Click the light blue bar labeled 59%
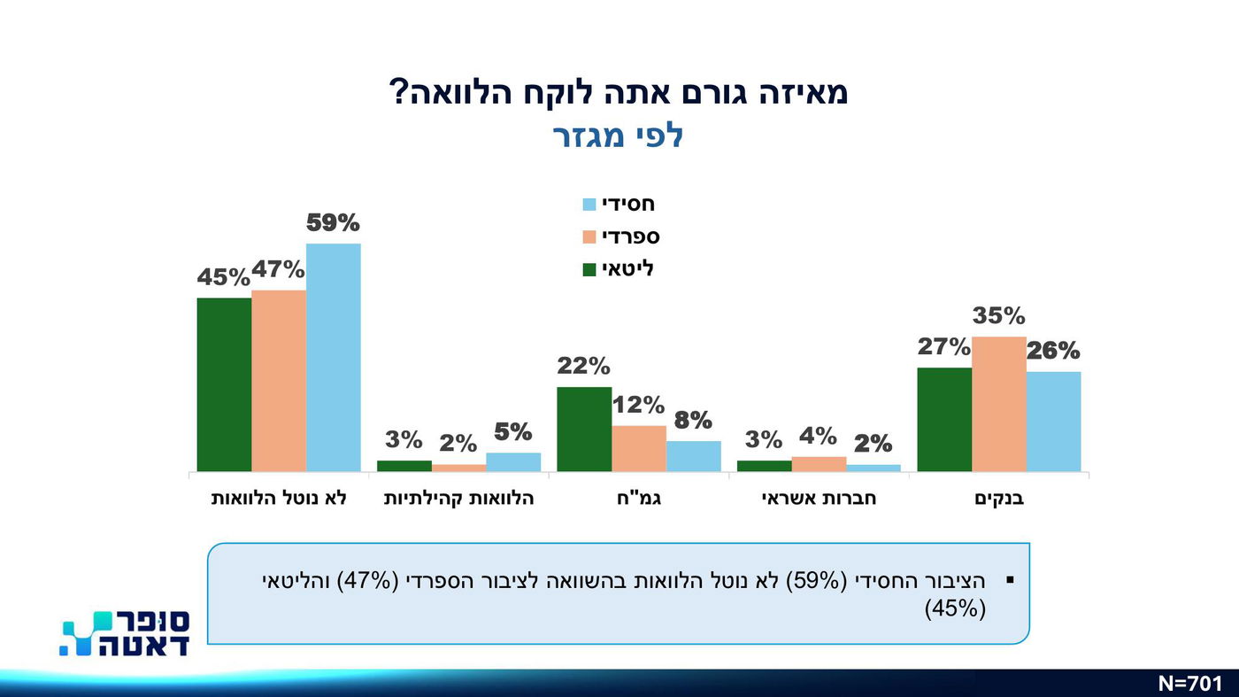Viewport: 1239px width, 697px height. [x=333, y=357]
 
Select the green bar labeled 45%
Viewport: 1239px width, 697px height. [x=224, y=384]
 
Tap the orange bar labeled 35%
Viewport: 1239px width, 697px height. [x=998, y=404]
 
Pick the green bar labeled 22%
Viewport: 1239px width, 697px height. [x=583, y=429]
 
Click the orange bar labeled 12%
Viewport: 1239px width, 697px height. [x=638, y=448]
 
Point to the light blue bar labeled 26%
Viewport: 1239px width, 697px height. [x=1053, y=422]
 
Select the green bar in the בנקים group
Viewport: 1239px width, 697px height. [x=943, y=419]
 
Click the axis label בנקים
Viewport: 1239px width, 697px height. [x=998, y=499]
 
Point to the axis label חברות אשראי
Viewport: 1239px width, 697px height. [x=818, y=499]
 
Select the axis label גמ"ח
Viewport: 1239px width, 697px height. [x=638, y=499]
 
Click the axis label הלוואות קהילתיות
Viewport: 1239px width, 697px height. [x=458, y=499]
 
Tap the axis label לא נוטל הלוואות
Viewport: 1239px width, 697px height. [x=278, y=499]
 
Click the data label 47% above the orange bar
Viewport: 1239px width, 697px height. [x=278, y=269]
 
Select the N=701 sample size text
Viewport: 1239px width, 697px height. [x=1189, y=683]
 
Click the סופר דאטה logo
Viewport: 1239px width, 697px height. [x=125, y=632]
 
